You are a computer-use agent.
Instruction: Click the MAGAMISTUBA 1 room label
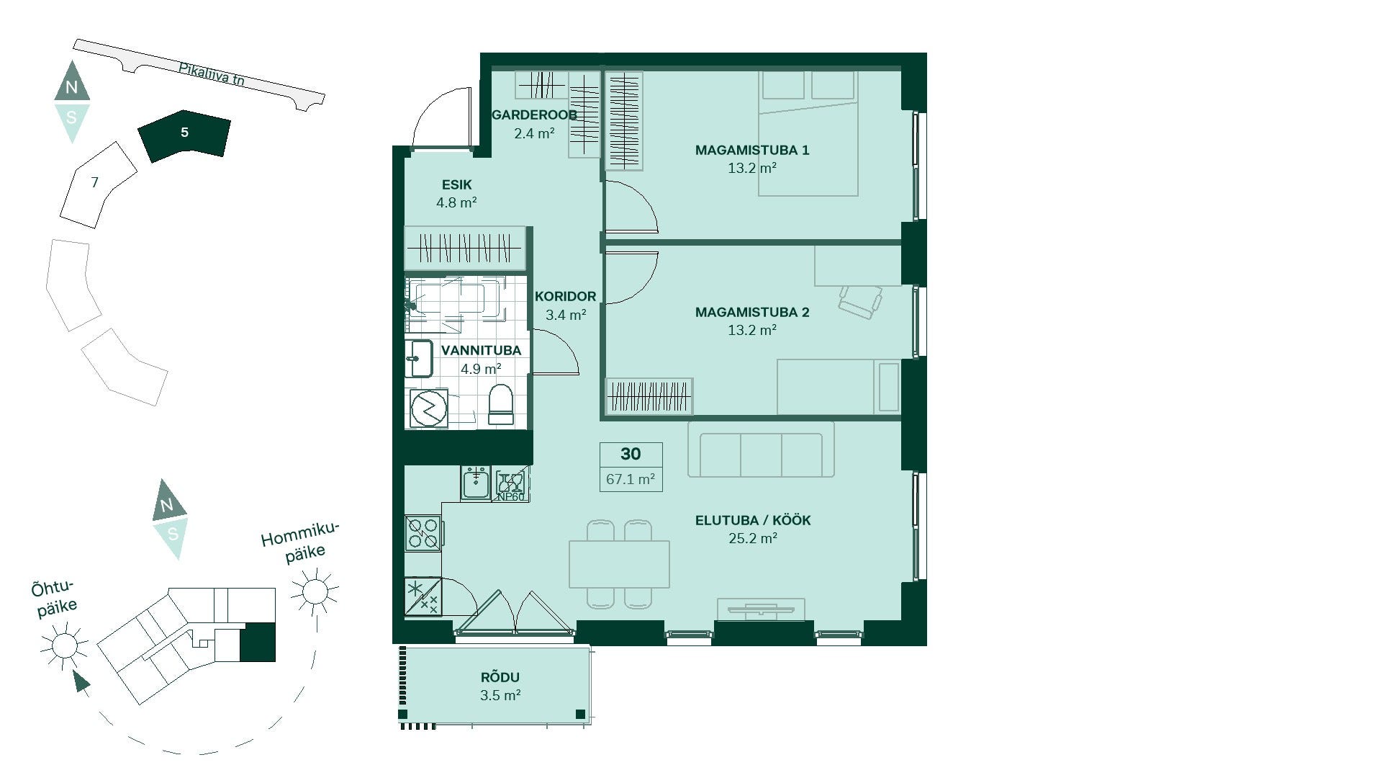tap(752, 150)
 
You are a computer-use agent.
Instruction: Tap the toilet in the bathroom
tap(500, 405)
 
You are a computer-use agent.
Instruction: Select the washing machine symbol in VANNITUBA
tap(429, 409)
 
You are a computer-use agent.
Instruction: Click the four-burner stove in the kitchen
tap(423, 534)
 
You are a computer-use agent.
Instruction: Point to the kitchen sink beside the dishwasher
tap(475, 483)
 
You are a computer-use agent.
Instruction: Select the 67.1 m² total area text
tap(631, 478)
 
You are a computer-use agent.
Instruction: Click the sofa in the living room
tap(761, 450)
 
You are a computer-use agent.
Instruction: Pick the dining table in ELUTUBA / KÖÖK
tap(619, 564)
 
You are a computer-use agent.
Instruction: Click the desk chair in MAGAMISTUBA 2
tap(860, 300)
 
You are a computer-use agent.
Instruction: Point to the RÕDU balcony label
tap(500, 677)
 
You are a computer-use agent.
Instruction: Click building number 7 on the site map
tap(94, 183)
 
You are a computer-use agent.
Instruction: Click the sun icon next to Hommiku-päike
tap(315, 591)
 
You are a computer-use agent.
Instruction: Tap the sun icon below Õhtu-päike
tap(64, 643)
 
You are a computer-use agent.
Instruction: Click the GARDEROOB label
tap(534, 115)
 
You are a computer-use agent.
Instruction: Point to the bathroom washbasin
tap(418, 359)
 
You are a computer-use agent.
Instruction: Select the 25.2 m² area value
tap(753, 538)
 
